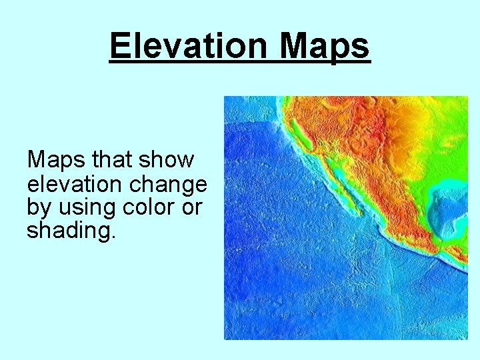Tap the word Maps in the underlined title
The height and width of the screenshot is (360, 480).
[x=324, y=47]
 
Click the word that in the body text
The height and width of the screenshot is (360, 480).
[x=113, y=160]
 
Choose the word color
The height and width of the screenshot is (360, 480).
[x=150, y=207]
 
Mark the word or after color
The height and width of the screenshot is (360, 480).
[x=192, y=207]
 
